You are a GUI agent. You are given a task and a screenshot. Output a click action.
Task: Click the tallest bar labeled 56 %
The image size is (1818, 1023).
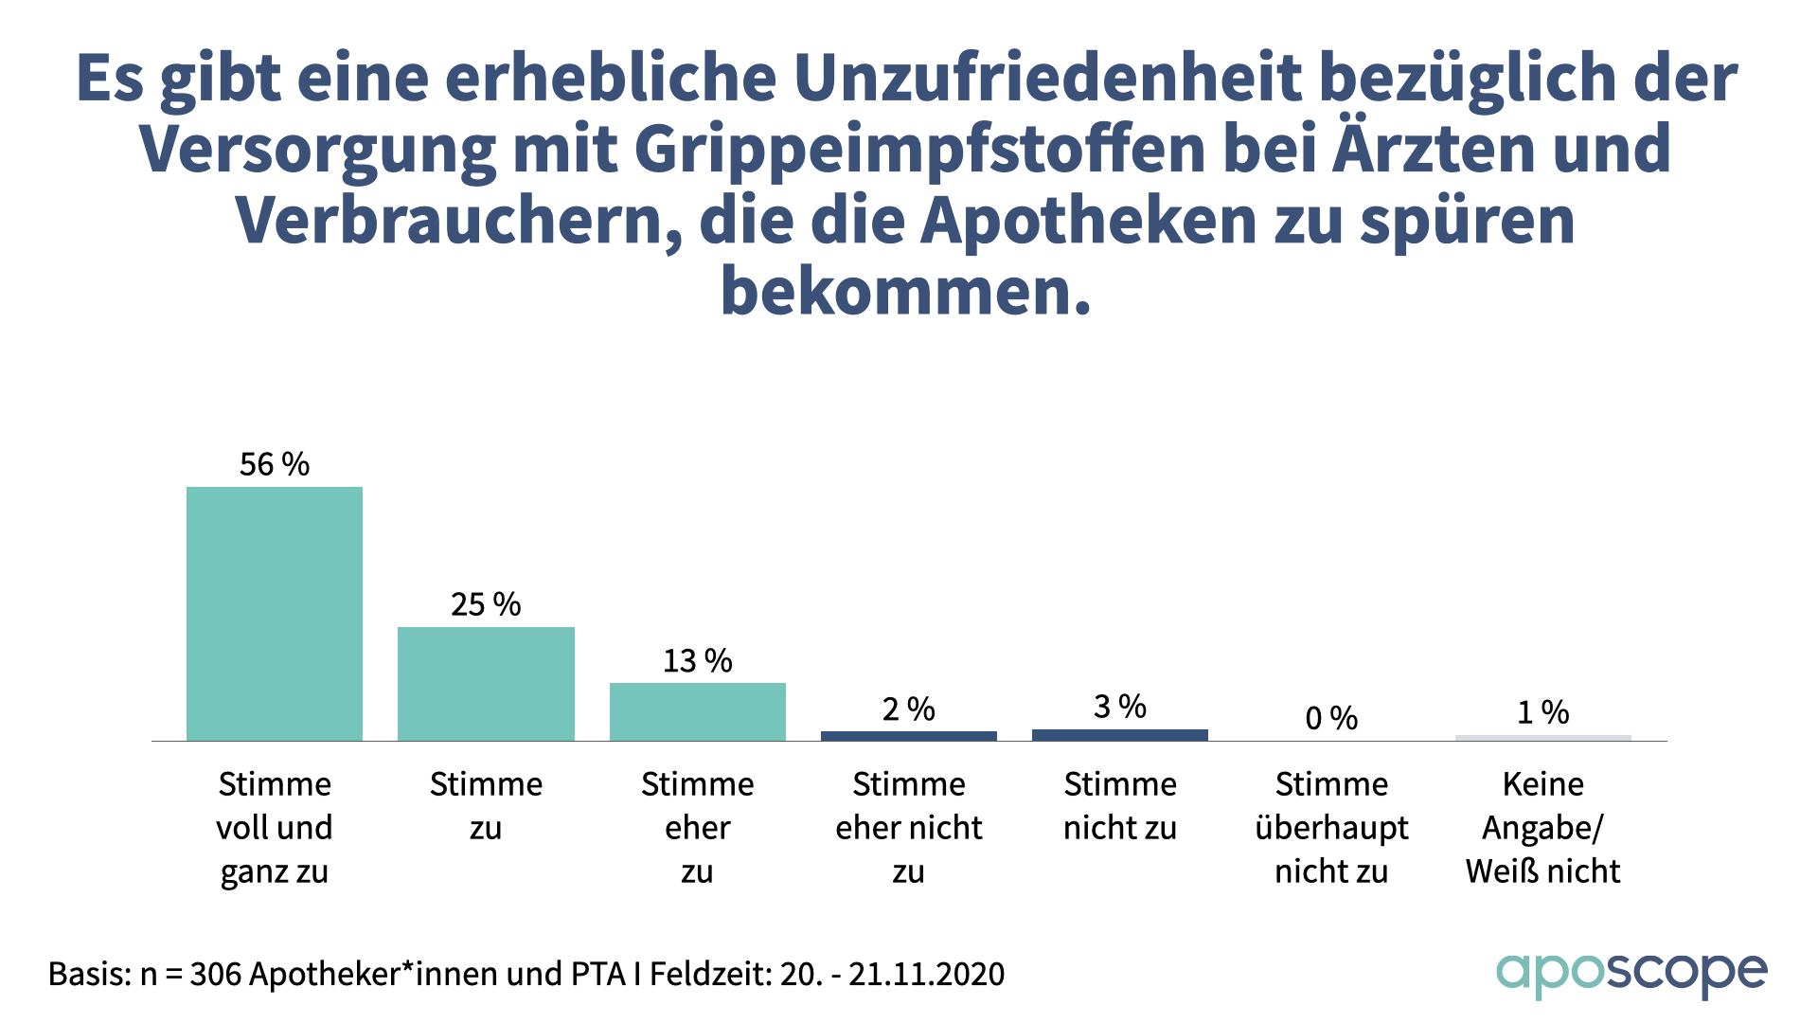(275, 614)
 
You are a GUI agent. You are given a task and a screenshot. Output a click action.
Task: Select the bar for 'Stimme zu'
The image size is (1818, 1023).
(486, 684)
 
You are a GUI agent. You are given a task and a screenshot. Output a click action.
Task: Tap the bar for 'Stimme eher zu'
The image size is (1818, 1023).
(698, 711)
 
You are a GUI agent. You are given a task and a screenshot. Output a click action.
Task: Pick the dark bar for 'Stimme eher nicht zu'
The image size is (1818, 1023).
(909, 735)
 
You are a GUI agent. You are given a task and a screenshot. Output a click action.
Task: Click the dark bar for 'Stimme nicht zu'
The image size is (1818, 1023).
(1120, 734)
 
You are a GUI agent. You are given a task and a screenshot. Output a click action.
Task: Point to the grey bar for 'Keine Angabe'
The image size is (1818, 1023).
(1543, 737)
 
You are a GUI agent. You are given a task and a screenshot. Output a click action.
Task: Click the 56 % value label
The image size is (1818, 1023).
(275, 464)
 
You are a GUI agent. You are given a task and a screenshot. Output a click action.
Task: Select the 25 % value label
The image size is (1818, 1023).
(486, 604)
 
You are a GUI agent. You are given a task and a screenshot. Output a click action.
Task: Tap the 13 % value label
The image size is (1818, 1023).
(698, 660)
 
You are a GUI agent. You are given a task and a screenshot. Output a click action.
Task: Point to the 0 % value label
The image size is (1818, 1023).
(1331, 718)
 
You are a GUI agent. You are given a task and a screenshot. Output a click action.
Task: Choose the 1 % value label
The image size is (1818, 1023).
(1543, 712)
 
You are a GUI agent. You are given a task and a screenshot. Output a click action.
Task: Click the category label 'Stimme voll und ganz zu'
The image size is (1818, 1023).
(275, 828)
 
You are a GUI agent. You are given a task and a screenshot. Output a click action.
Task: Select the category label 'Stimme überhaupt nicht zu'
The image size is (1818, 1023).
(1331, 828)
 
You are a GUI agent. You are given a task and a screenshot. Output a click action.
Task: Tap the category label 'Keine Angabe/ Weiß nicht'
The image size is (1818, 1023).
(1543, 828)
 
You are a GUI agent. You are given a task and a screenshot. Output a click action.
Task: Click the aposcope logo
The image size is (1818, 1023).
(1631, 974)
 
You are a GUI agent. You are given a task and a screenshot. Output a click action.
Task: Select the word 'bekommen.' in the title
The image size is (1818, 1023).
(906, 292)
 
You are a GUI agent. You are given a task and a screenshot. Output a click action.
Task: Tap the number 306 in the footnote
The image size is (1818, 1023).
(215, 974)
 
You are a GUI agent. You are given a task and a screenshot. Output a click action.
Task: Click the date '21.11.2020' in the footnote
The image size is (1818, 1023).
(926, 974)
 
